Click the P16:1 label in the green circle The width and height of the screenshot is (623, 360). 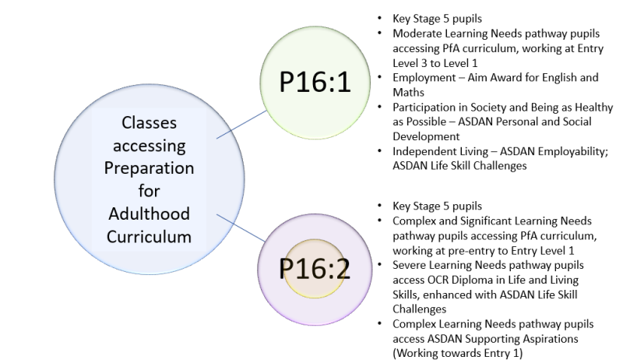(315, 85)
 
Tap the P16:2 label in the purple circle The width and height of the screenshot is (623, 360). (315, 268)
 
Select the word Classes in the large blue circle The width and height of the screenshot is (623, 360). (149, 124)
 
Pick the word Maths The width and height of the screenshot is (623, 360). (408, 90)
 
